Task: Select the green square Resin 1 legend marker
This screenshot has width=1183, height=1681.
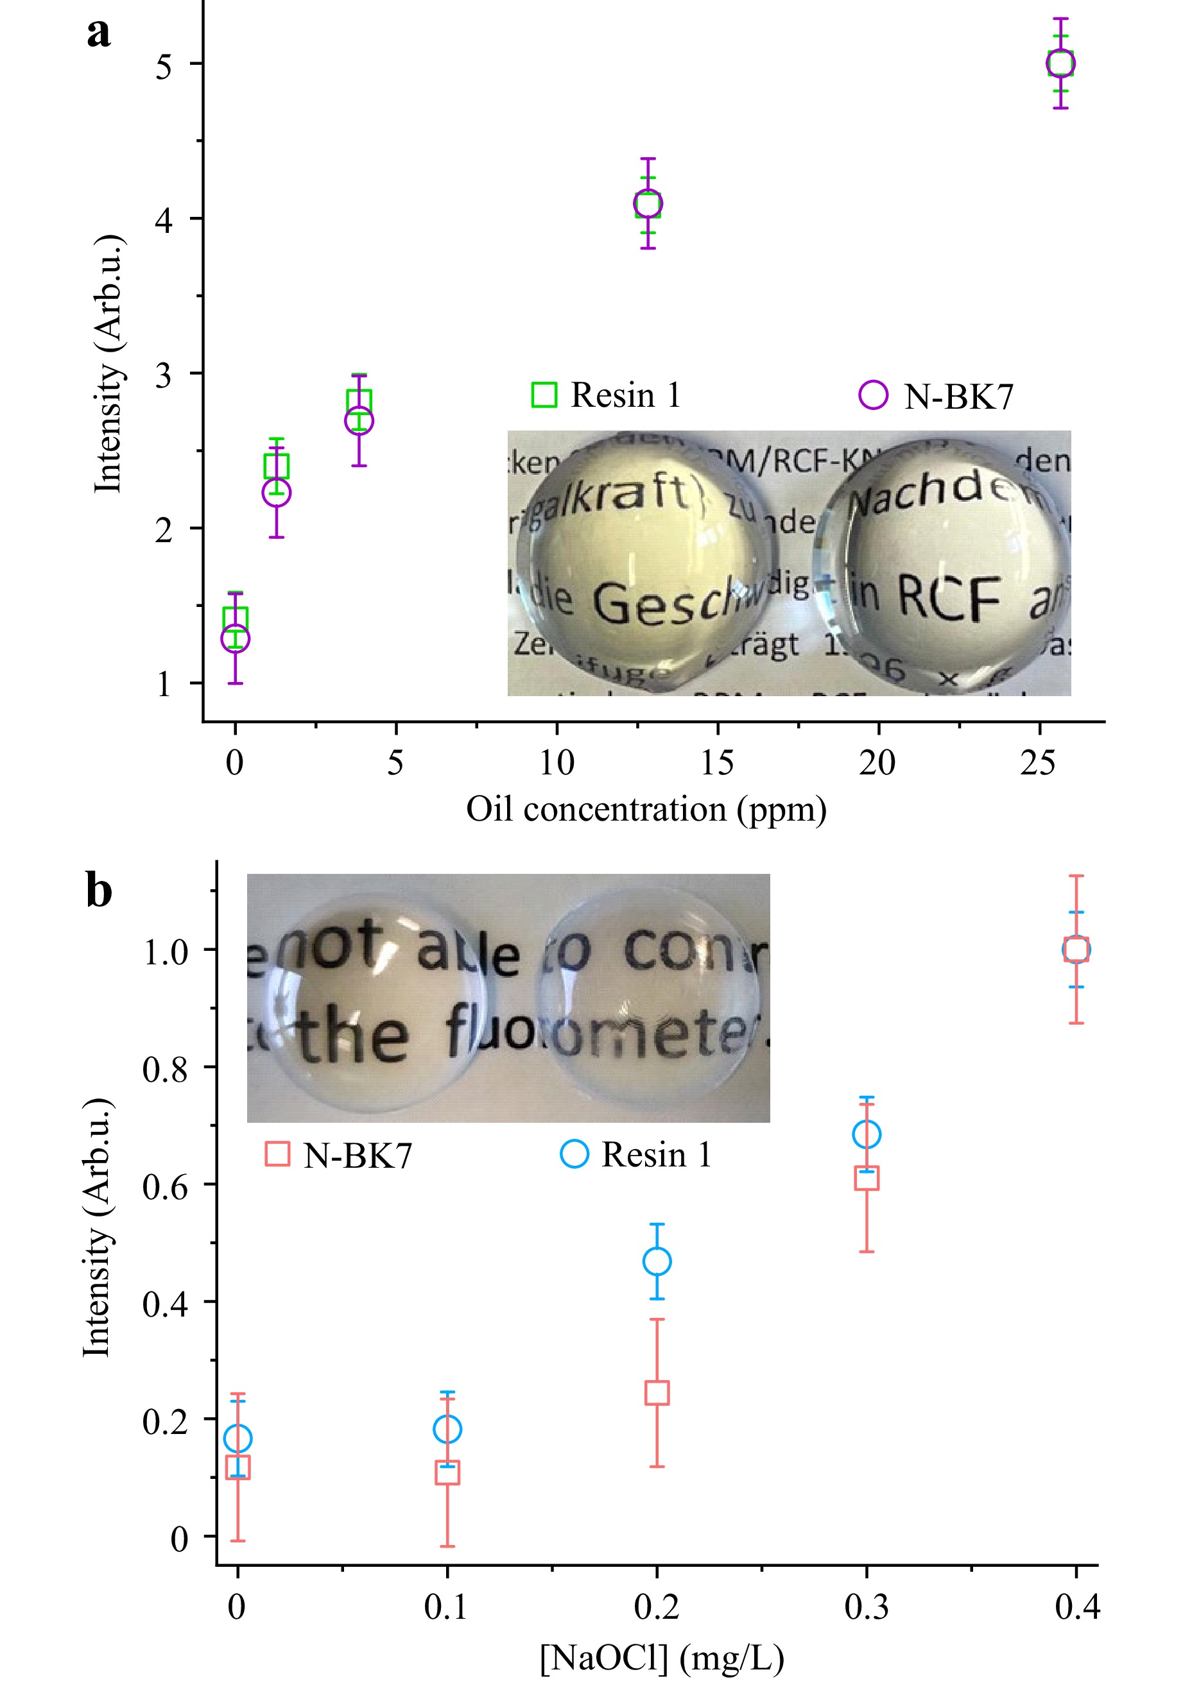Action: click(x=544, y=395)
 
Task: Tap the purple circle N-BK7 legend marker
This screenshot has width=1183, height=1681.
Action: click(x=873, y=395)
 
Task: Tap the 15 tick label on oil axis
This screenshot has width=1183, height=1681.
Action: click(x=716, y=764)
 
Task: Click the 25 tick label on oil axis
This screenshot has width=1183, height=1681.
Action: click(x=1038, y=764)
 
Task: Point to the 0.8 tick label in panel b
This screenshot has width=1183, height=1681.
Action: click(x=165, y=1070)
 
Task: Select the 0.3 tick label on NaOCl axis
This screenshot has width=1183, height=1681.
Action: click(x=866, y=1608)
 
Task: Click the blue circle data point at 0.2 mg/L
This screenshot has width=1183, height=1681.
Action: click(x=657, y=1261)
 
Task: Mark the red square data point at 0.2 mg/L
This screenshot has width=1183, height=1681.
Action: click(x=657, y=1392)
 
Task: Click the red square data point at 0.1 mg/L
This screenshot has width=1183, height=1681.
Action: click(x=447, y=1472)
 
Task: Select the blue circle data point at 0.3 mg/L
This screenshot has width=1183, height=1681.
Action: click(x=867, y=1135)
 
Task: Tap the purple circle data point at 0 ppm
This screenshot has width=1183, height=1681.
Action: click(x=235, y=638)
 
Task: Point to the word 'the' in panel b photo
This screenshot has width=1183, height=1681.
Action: click(x=353, y=1037)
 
